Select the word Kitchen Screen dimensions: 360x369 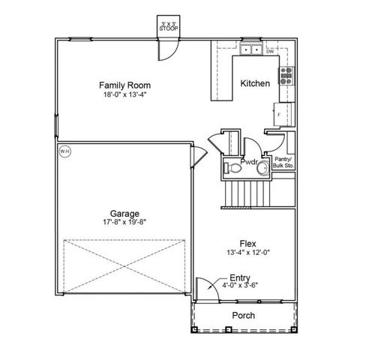[x=254, y=84]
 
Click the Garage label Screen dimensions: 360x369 [x=124, y=212]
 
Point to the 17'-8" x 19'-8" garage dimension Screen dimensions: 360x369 [x=124, y=222]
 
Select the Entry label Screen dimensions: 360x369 [x=240, y=277]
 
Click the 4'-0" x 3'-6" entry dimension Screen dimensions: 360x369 [x=240, y=285]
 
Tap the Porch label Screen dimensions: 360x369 [x=242, y=316]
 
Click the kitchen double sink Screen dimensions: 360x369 [x=251, y=50]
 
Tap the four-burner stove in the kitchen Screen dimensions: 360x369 [x=286, y=75]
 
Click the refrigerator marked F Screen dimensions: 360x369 [x=283, y=113]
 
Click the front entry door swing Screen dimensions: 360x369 [x=200, y=288]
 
